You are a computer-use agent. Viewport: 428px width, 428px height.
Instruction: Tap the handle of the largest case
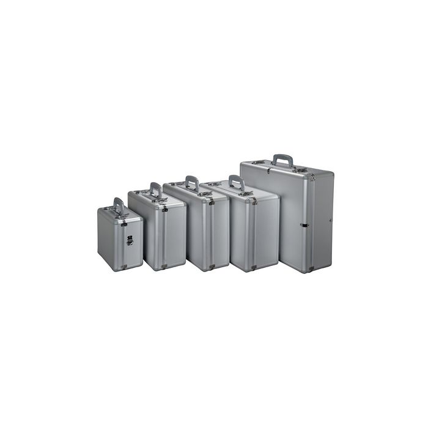(x=282, y=159)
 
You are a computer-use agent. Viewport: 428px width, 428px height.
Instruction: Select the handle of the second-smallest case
(x=156, y=188)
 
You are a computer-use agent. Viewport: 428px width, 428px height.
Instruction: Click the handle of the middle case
(x=193, y=182)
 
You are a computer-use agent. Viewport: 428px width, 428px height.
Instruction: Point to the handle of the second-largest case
(x=237, y=181)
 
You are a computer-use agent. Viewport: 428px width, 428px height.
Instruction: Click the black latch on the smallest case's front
(x=130, y=241)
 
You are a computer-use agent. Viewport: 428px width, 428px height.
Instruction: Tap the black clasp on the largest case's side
(x=304, y=224)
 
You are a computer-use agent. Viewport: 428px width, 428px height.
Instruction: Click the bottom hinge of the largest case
(x=311, y=268)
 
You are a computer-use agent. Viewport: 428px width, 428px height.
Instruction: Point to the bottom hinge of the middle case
(x=212, y=267)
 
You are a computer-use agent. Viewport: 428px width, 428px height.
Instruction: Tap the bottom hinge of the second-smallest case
(x=164, y=266)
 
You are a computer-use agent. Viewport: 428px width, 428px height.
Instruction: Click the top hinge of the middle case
(x=212, y=201)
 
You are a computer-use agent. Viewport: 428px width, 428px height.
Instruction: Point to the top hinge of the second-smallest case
(x=164, y=209)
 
